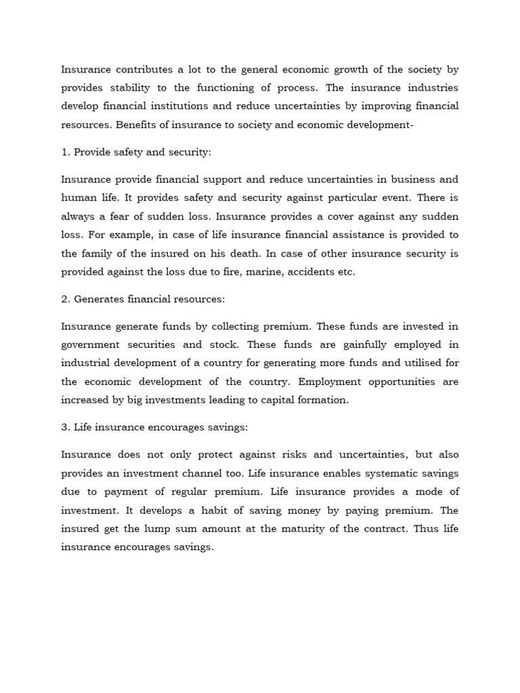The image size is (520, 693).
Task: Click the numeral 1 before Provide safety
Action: pos(64,152)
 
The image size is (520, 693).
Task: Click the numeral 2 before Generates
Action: pos(64,299)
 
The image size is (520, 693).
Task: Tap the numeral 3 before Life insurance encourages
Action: pos(64,427)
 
